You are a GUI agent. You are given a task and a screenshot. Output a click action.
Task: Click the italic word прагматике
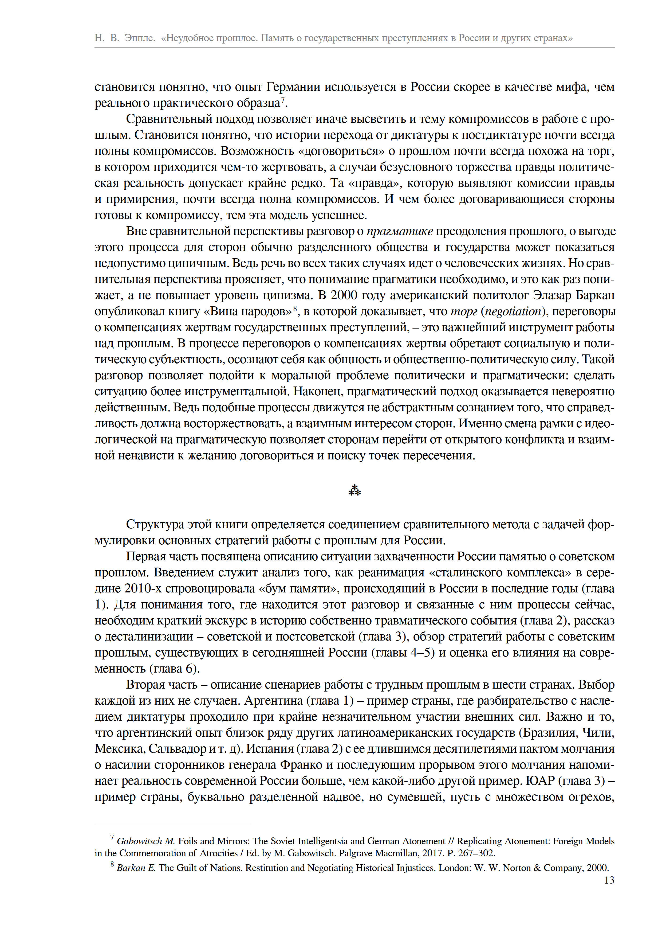tap(400, 231)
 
